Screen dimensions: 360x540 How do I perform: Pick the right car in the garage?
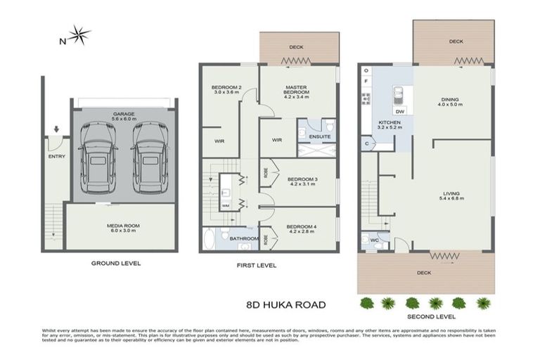148,158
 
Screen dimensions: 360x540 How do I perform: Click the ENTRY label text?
56,156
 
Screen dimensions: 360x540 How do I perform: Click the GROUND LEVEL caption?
116,263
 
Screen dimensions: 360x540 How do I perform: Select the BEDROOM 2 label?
226,88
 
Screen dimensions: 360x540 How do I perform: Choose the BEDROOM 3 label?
302,179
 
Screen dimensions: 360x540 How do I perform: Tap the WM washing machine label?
226,205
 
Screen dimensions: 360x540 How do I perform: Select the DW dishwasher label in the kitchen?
399,111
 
